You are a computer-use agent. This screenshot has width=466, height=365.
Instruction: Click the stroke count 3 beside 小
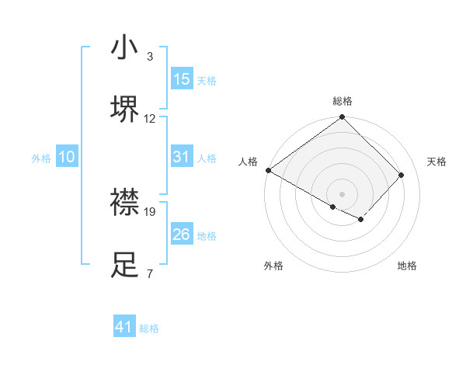tap(149, 57)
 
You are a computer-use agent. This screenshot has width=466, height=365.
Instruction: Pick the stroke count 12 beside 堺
tap(151, 118)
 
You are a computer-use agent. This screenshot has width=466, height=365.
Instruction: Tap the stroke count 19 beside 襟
tap(151, 210)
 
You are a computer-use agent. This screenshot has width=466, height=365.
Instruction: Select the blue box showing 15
tap(182, 79)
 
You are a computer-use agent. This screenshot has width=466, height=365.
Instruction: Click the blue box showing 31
tap(182, 157)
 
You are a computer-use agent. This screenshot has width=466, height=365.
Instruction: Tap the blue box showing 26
tap(182, 235)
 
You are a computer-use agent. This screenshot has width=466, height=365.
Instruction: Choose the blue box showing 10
tap(67, 157)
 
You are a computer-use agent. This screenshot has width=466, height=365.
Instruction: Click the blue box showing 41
tap(124, 327)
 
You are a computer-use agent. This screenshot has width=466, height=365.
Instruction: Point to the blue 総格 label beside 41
tap(149, 328)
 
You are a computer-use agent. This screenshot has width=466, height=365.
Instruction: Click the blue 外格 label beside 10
tap(41, 158)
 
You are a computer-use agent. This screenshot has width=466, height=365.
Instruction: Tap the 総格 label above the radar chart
tap(342, 101)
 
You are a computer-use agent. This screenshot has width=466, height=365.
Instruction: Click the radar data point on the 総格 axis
tap(342, 118)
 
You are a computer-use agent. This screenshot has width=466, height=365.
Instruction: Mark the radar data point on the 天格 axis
tap(402, 176)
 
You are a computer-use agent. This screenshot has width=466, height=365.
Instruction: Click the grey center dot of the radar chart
tap(342, 193)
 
